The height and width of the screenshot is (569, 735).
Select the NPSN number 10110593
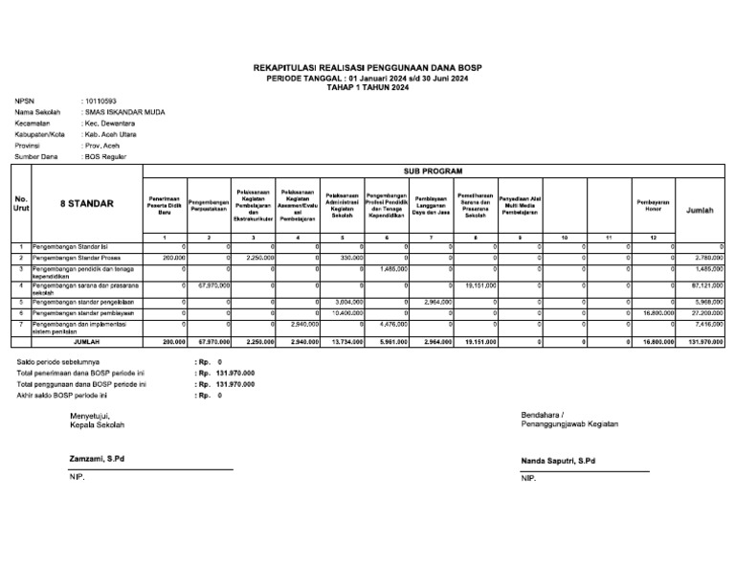pos(100,101)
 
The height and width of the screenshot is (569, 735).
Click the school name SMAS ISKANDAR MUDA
pos(124,112)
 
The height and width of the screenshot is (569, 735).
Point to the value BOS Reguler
pos(105,156)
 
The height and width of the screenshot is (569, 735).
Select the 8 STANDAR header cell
pos(87,204)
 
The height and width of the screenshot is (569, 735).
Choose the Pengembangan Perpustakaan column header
pos(211,204)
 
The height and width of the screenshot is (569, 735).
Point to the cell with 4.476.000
pos(391,325)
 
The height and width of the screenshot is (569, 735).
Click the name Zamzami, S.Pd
pos(97,459)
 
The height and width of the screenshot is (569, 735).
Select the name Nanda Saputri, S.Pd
pos(558,461)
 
